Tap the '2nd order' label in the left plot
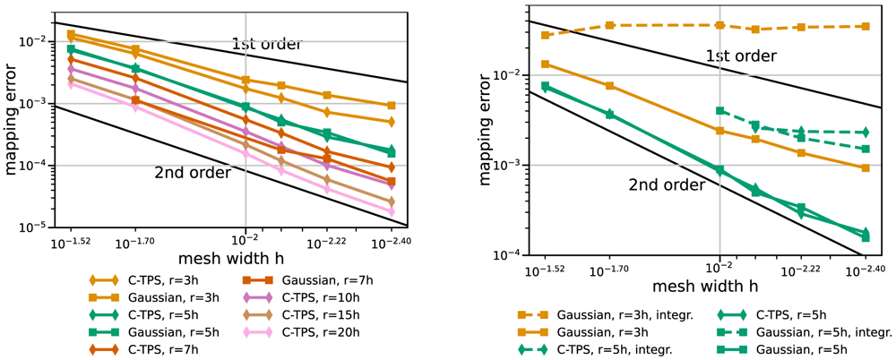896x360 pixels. pos(192,172)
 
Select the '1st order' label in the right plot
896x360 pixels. pos(741,56)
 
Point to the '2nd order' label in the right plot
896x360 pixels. pos(668,185)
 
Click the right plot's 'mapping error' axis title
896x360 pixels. pos(486,129)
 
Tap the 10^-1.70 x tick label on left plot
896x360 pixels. pos(135,243)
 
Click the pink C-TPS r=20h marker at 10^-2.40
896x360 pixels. pos(392,212)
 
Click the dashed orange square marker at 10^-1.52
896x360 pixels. pos(545,36)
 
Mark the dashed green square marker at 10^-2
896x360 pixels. pos(720,111)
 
